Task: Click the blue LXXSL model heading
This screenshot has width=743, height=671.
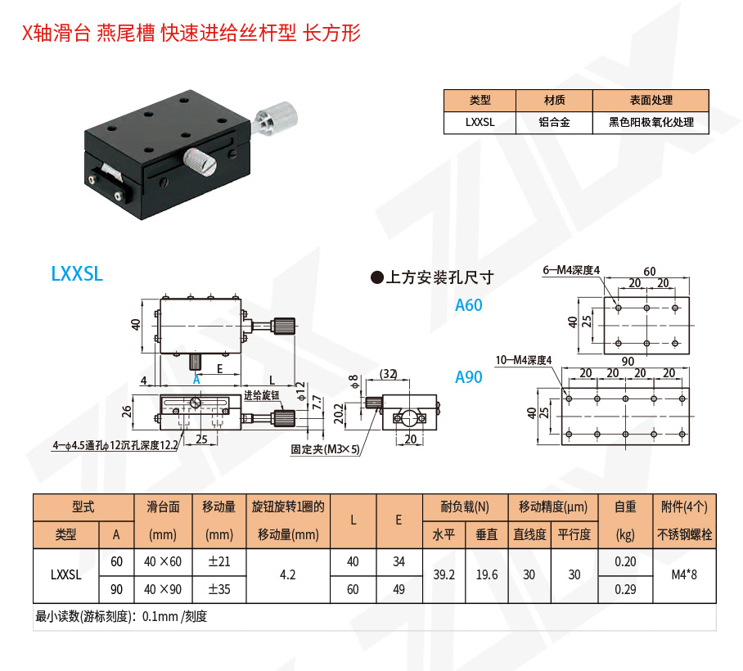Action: point(77,274)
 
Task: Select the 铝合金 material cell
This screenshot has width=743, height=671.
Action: point(554,122)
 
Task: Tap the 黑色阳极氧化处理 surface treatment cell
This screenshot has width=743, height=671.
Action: point(651,122)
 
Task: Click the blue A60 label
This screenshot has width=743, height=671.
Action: point(469,305)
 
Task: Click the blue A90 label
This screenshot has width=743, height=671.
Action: point(469,377)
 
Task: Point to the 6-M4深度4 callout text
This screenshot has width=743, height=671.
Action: point(571,270)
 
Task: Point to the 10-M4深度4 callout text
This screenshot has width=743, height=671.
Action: point(524,360)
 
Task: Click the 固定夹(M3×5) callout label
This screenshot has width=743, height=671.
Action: point(325,449)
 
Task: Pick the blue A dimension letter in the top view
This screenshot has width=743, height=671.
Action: point(196,381)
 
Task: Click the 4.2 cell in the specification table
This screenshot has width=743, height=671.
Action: point(287,575)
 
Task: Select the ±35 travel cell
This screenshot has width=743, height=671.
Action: point(218,589)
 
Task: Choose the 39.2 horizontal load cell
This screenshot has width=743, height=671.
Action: point(444,575)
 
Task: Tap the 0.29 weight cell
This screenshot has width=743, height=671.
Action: point(625,589)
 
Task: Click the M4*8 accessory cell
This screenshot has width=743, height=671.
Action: point(684,575)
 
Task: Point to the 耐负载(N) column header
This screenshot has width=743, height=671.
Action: point(465,507)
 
